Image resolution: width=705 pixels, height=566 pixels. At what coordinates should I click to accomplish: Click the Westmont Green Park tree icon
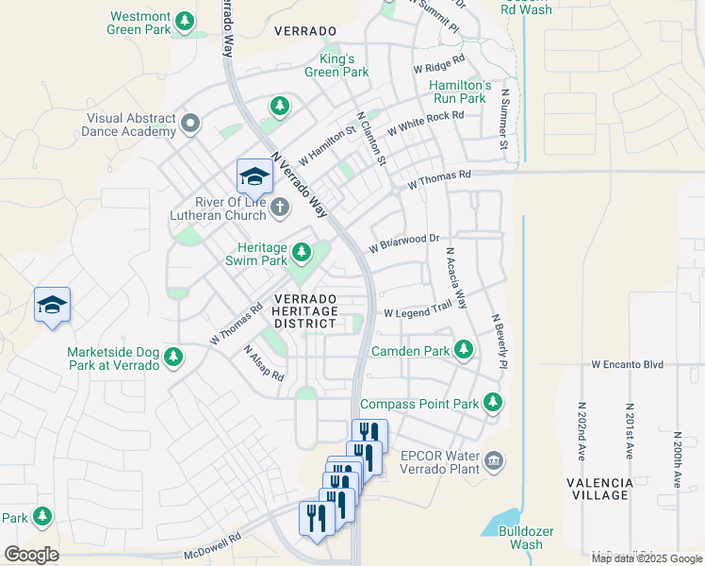click(186, 20)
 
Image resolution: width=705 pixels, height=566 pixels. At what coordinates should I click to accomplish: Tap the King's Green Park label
click(336, 64)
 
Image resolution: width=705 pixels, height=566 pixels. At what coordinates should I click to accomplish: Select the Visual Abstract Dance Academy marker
click(191, 123)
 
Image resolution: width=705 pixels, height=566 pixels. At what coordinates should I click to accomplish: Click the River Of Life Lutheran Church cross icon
click(279, 207)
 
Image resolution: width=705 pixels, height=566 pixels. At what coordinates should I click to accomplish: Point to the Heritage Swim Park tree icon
click(302, 252)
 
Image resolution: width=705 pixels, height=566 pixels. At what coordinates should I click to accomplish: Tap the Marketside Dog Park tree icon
click(172, 357)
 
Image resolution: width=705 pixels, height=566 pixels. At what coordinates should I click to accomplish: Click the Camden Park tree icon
click(463, 350)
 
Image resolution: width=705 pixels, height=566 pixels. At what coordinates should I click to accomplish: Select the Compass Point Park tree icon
click(492, 403)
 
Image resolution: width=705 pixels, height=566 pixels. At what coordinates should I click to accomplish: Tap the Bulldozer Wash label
click(519, 538)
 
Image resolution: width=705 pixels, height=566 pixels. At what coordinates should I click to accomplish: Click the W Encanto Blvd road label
click(628, 364)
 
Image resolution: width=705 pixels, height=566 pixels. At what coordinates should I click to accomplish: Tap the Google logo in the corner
click(31, 555)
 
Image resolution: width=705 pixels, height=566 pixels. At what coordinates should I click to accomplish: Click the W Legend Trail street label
click(418, 312)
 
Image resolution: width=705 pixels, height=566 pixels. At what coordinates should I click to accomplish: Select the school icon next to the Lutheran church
click(254, 176)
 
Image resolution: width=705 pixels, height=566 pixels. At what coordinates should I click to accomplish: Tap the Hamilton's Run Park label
click(458, 92)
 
